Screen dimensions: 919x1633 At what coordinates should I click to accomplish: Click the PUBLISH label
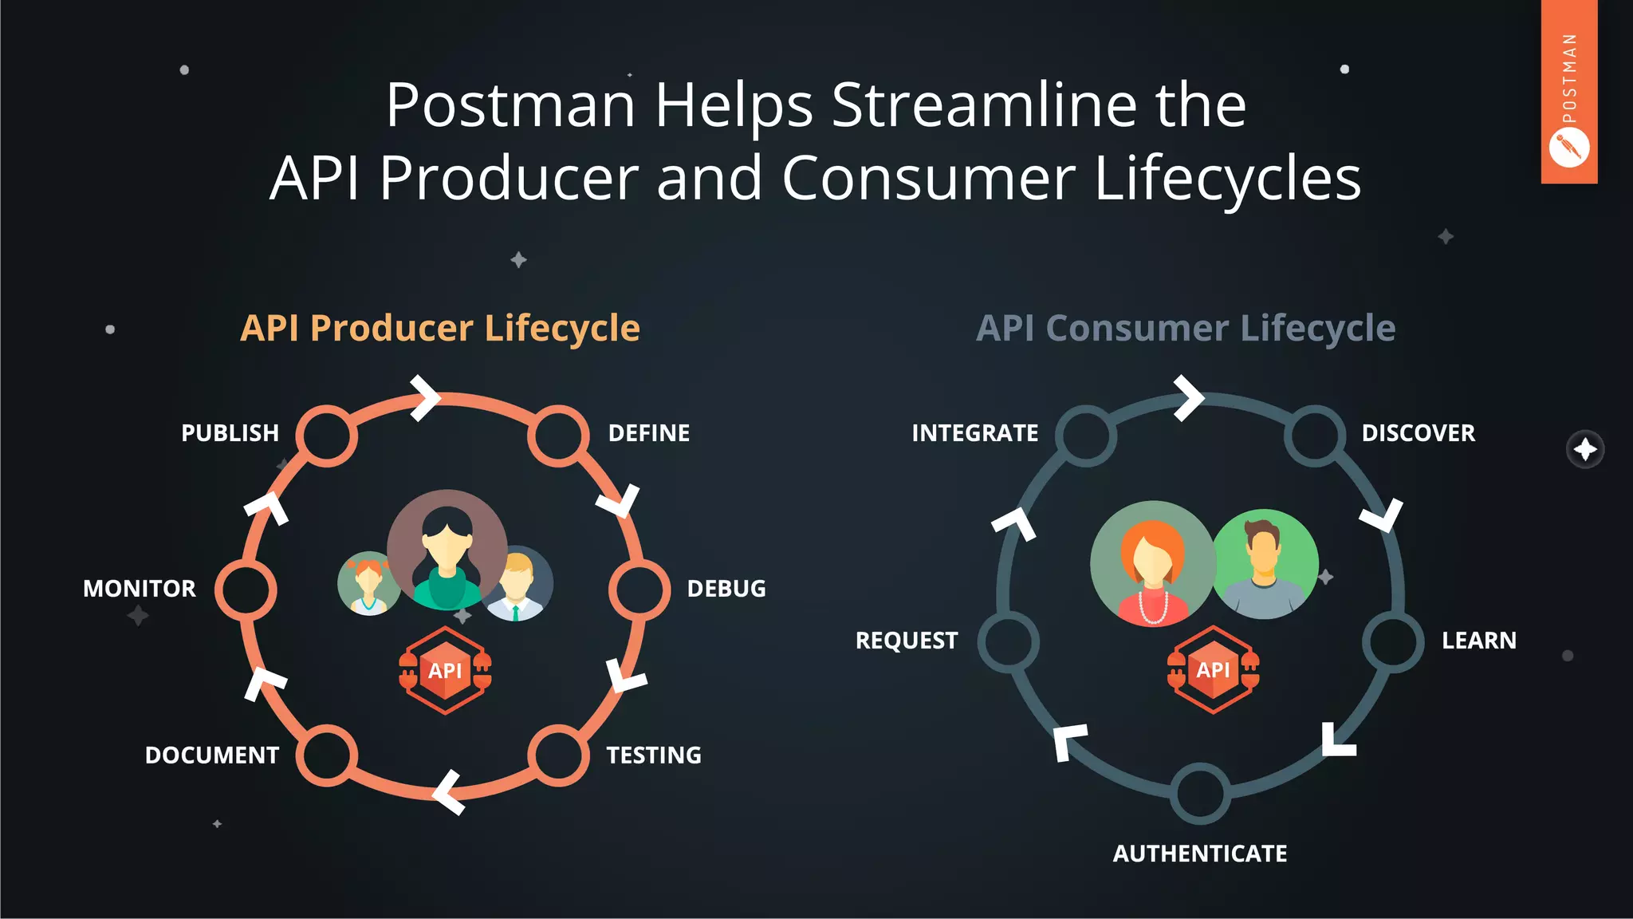click(x=230, y=433)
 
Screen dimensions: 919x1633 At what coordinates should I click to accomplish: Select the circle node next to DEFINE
click(x=558, y=436)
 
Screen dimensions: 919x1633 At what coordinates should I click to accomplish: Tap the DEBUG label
click(x=726, y=589)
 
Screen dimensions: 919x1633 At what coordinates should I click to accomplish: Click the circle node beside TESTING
click(x=558, y=755)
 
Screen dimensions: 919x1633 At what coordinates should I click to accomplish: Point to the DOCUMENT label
click(x=212, y=755)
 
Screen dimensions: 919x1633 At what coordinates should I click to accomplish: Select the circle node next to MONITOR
click(x=246, y=590)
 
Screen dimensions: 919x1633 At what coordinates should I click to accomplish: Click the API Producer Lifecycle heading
click(x=440, y=328)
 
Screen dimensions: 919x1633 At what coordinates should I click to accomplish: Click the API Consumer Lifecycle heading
click(x=1186, y=328)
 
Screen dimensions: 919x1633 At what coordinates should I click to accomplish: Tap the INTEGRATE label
click(x=974, y=433)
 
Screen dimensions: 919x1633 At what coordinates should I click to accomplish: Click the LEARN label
click(x=1478, y=641)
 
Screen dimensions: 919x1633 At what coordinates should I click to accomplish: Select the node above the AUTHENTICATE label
click(x=1200, y=794)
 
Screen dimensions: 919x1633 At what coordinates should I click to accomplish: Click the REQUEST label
click(x=907, y=641)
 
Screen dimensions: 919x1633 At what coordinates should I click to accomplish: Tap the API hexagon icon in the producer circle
click(x=445, y=670)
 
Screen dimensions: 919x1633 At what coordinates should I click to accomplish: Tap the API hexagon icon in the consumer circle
click(x=1213, y=669)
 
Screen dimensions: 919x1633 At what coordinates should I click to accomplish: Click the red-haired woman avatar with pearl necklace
click(x=1152, y=563)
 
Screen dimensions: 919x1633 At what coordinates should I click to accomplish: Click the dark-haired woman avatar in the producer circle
click(x=447, y=550)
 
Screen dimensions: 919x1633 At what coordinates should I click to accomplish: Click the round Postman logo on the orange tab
click(x=1569, y=148)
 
